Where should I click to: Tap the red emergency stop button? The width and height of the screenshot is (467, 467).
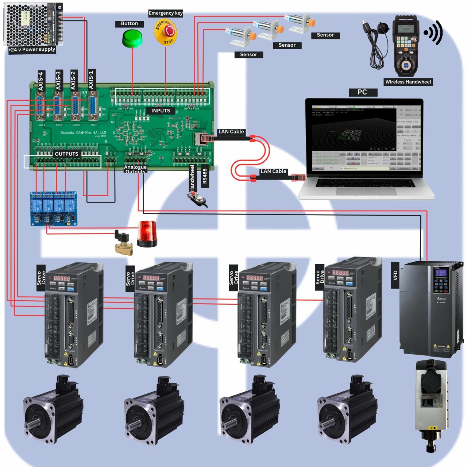166,32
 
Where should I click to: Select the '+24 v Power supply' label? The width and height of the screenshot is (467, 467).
32,50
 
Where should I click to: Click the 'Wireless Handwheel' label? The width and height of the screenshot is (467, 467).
408,82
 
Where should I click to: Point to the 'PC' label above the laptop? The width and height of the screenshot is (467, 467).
362,92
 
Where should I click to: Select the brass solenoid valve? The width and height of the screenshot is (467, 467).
123,242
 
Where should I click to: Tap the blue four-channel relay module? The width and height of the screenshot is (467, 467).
54,208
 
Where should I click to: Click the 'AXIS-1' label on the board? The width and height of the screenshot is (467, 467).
91,80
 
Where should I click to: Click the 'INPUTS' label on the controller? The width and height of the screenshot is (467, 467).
161,111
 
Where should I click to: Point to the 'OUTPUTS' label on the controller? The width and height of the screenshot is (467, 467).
66,154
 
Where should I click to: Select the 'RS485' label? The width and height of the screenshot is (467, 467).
204,176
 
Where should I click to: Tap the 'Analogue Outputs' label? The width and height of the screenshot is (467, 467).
135,169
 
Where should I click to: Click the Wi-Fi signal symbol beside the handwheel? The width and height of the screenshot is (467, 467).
433,33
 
